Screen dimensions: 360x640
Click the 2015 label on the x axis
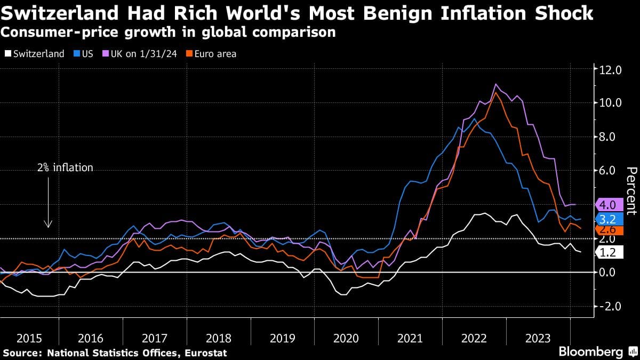(x=29, y=338)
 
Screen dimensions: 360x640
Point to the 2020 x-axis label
(x=347, y=338)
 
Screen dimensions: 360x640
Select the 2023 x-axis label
(x=538, y=338)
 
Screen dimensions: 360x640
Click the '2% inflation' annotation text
(x=65, y=168)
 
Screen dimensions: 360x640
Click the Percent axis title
(x=631, y=190)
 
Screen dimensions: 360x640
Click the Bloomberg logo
(x=590, y=352)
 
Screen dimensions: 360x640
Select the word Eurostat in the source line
(x=206, y=353)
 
